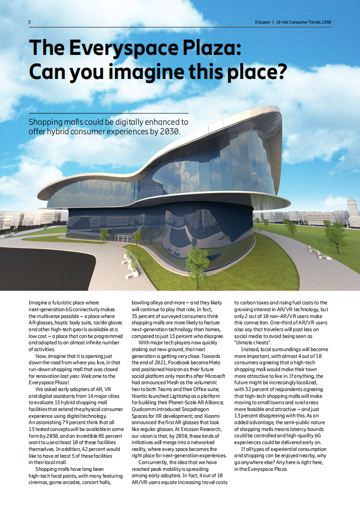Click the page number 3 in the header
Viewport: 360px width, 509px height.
coord(30,22)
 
